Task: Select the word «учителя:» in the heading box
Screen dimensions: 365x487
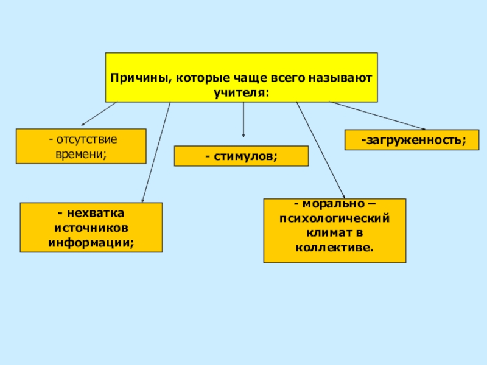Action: [241, 92]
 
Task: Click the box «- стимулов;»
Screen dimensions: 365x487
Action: [241, 156]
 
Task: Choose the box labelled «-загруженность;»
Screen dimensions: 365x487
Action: [412, 141]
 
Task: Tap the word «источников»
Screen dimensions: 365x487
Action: [91, 228]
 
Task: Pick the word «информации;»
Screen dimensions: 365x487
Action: [91, 243]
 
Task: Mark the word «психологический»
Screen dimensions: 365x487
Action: [334, 218]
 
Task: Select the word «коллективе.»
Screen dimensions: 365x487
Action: [334, 247]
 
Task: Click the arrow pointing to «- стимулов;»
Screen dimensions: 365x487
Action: [243, 119]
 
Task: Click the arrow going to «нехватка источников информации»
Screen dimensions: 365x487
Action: [156, 152]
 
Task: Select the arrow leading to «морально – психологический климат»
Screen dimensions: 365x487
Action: [320, 148]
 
